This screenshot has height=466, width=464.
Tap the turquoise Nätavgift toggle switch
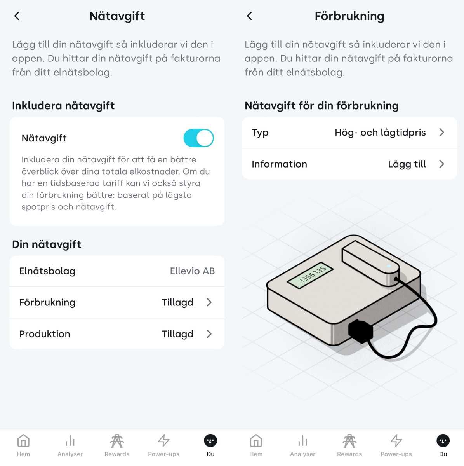[198, 138]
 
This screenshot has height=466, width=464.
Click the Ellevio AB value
[192, 271]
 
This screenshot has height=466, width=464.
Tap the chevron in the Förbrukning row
[209, 302]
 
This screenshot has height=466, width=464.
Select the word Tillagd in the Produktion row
[177, 334]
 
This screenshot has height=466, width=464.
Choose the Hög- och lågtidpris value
[380, 133]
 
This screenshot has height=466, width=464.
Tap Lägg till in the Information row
[407, 164]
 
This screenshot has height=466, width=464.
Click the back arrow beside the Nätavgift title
[17, 16]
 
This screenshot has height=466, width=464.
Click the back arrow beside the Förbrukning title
[249, 16]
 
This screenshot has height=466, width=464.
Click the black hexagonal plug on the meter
[361, 331]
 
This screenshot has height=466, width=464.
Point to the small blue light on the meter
[389, 266]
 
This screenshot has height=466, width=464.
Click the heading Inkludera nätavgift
[63, 106]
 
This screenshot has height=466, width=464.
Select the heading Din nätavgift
[47, 244]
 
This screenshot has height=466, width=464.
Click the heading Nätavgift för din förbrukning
[321, 106]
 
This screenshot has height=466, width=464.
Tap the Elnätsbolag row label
[47, 271]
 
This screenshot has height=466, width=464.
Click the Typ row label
[260, 133]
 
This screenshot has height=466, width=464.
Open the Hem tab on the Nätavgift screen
[23, 445]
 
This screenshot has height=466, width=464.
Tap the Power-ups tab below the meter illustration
[396, 445]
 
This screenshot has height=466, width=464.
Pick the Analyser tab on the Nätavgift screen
[70, 445]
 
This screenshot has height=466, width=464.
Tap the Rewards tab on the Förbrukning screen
[349, 445]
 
